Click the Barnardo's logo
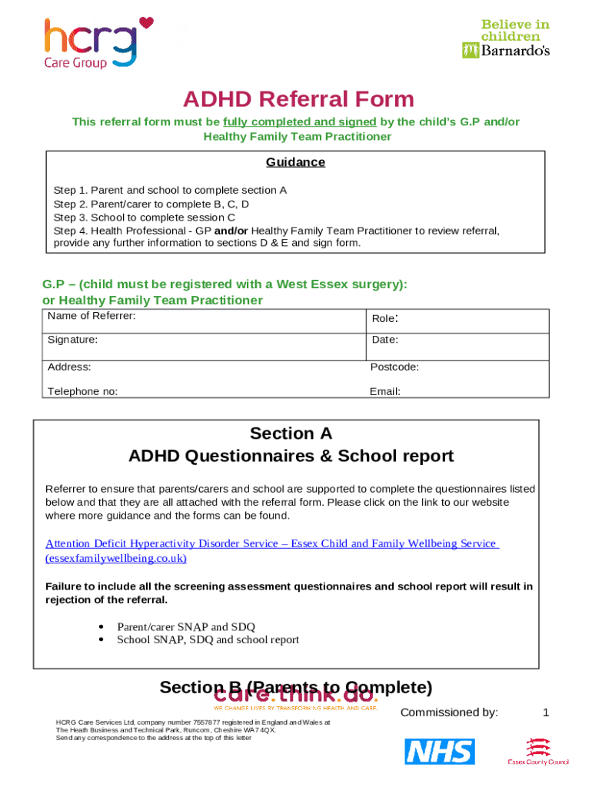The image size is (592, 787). click(x=505, y=39)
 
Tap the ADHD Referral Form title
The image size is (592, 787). click(x=298, y=99)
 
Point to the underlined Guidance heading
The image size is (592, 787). click(x=295, y=162)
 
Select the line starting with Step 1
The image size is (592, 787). click(x=170, y=190)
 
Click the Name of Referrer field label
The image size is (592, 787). click(x=91, y=316)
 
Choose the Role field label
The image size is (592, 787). click(x=384, y=318)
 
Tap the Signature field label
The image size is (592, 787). click(x=72, y=339)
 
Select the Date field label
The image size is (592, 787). click(x=384, y=339)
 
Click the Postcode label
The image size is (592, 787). click(x=394, y=367)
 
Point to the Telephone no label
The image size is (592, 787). click(x=82, y=391)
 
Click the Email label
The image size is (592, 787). click(x=384, y=391)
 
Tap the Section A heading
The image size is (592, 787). click(x=291, y=433)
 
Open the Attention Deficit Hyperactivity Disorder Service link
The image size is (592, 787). click(x=272, y=543)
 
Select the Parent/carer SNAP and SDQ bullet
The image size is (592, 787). click(x=185, y=626)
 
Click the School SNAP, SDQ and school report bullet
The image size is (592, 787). click(x=208, y=639)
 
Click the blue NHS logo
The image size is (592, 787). click(x=440, y=751)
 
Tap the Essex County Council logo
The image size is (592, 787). click(x=538, y=752)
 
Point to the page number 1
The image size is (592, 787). click(x=546, y=712)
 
